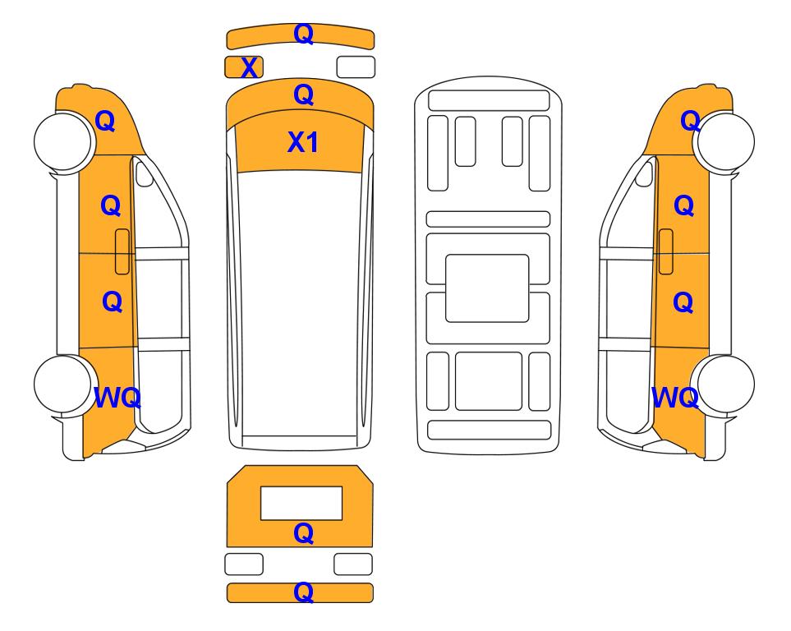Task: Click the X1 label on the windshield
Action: [x=302, y=142]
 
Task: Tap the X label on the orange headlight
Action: [x=249, y=67]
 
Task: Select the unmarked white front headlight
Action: [x=356, y=67]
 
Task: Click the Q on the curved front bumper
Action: [x=303, y=34]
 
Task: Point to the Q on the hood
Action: [x=303, y=94]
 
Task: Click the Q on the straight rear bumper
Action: [x=303, y=592]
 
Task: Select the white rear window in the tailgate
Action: [x=301, y=504]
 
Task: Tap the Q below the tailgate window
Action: [x=303, y=533]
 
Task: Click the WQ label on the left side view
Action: [x=117, y=398]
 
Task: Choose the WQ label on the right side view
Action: [x=675, y=398]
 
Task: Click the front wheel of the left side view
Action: [x=63, y=140]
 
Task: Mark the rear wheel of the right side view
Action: [x=724, y=385]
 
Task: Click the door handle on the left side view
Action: [x=122, y=251]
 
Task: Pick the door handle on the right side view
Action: [x=666, y=251]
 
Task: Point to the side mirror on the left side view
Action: [x=145, y=173]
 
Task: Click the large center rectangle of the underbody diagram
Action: [x=487, y=288]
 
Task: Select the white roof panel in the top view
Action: [x=300, y=304]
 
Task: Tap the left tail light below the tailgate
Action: [x=244, y=564]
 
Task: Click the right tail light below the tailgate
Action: [x=353, y=564]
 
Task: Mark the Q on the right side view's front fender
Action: [x=690, y=121]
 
